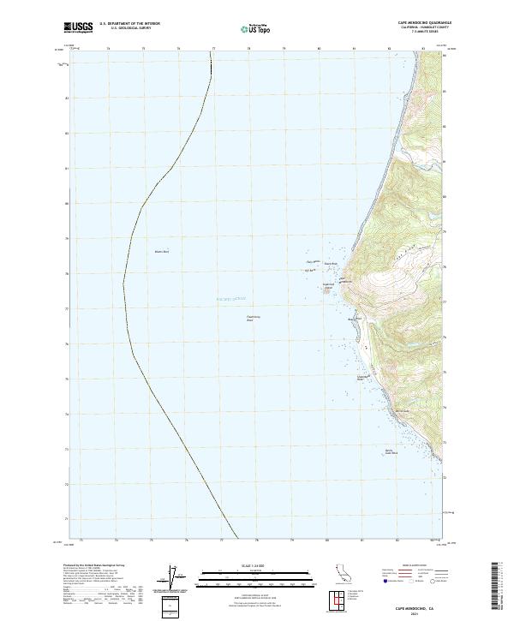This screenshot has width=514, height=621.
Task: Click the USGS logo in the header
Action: point(79,27)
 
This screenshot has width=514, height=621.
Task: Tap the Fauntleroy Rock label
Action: point(253,318)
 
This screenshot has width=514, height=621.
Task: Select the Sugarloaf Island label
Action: point(327,284)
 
